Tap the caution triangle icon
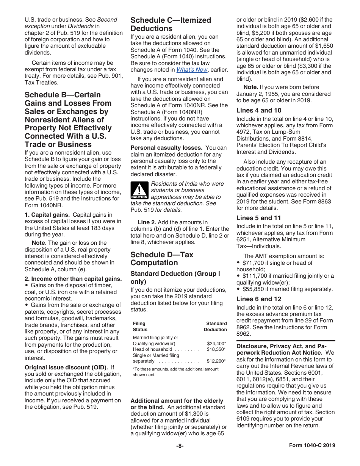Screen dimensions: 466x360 [x=139, y=191]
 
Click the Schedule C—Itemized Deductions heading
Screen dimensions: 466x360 [x=171, y=24]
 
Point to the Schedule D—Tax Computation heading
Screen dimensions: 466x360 [x=162, y=258]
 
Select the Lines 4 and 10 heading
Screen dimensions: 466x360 [x=259, y=111]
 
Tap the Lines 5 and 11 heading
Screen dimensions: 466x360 [x=259, y=218]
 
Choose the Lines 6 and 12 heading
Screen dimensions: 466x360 [x=259, y=299]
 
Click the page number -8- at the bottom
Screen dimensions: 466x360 [x=180, y=446]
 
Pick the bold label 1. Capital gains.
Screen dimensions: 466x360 [x=47, y=215]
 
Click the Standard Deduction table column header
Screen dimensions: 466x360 [x=216, y=327]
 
